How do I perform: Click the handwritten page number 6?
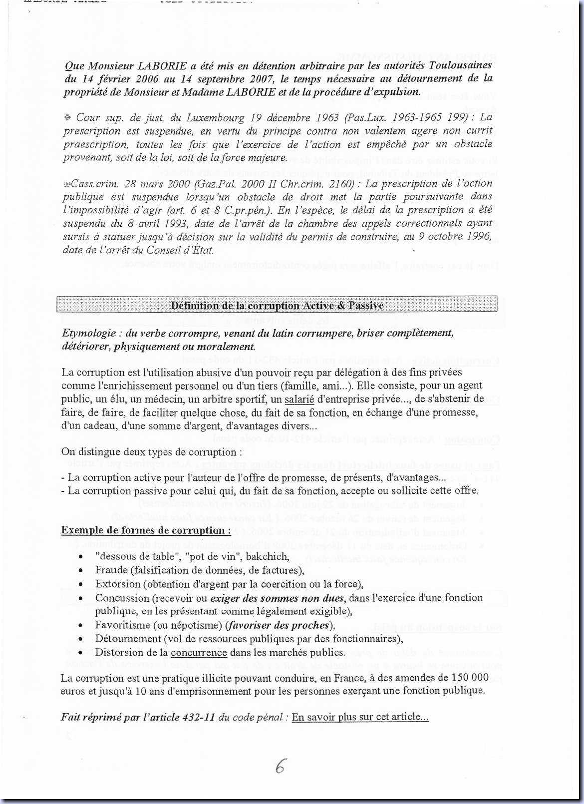281,766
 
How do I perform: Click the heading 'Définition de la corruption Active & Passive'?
277,305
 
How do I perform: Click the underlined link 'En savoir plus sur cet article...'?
360,717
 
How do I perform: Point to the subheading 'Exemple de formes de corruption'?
146,530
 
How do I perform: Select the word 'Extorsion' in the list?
118,584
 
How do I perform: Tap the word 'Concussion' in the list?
122,598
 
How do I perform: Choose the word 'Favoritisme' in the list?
123,625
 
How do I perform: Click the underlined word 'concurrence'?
199,652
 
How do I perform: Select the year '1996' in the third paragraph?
480,236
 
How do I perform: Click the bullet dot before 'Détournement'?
81,639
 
